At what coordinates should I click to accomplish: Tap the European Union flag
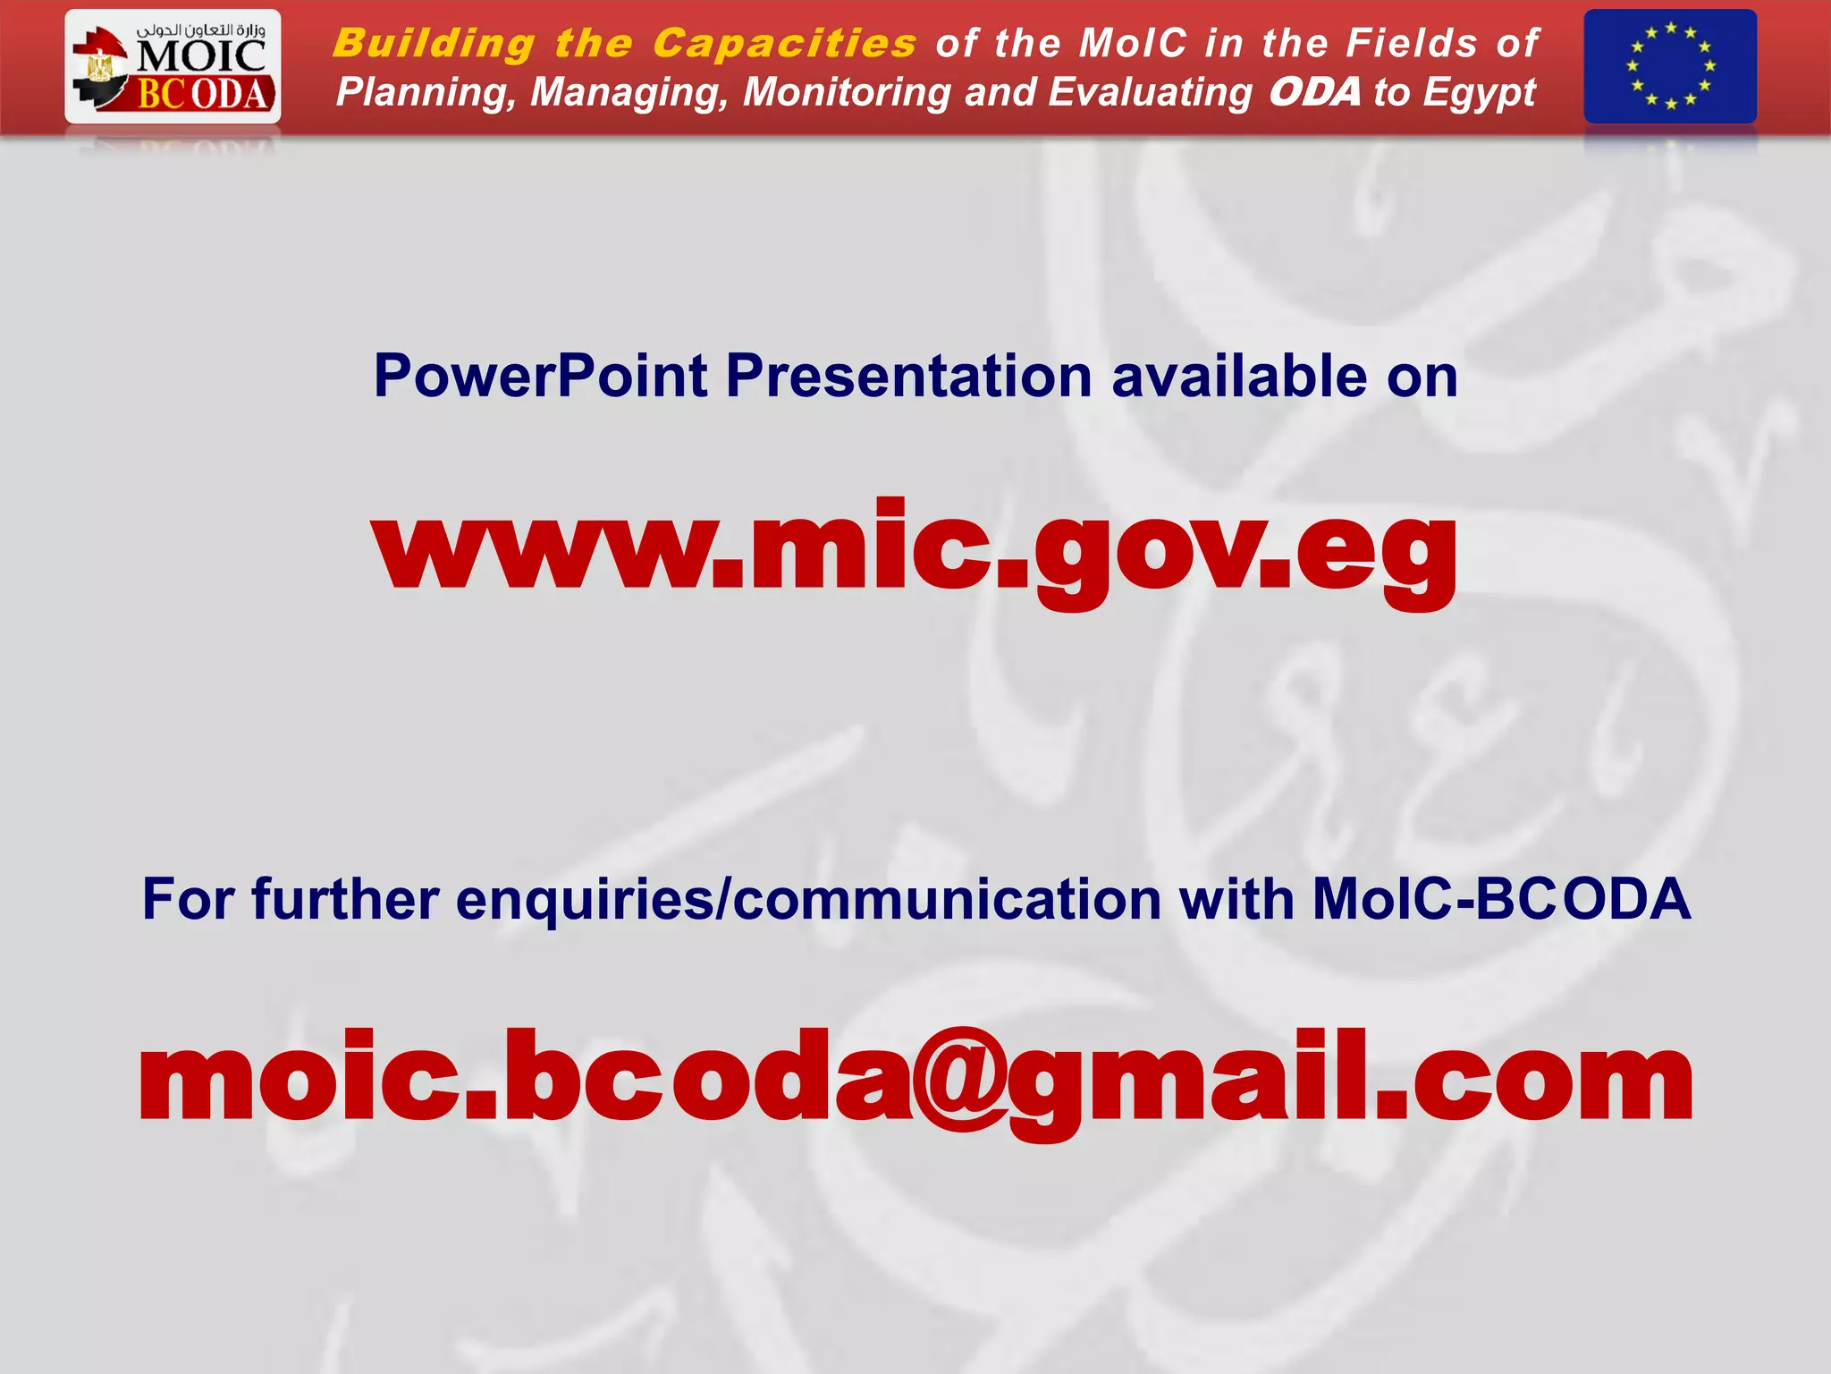pos(1669,66)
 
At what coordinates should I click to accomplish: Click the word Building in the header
pos(434,44)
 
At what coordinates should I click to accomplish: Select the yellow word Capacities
pos(784,44)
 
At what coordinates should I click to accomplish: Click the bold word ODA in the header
pos(1314,92)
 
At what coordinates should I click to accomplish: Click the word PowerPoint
pos(541,376)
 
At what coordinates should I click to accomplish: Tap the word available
pos(1239,376)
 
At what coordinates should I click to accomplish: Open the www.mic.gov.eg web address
pos(915,547)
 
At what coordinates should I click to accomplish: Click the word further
pos(345,899)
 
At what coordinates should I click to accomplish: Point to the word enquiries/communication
pos(808,899)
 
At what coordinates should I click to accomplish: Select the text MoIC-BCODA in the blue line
pos(1501,899)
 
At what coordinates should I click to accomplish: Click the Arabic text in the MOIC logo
pos(200,30)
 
